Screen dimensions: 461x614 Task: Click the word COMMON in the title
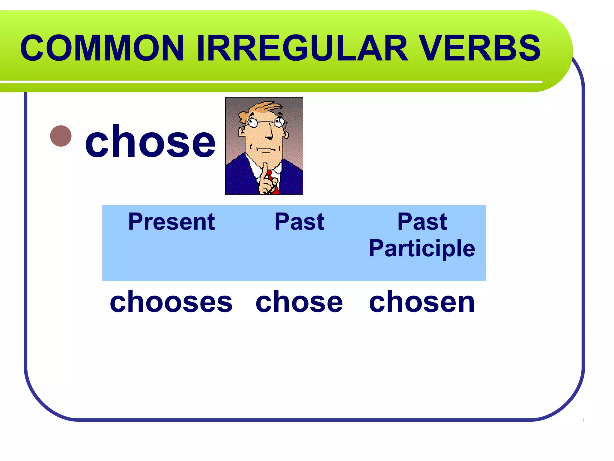pyautogui.click(x=102, y=48)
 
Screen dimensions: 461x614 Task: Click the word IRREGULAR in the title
pyautogui.click(x=302, y=48)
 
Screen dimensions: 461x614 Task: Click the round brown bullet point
pyautogui.click(x=61, y=136)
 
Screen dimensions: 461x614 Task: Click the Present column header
pyautogui.click(x=171, y=222)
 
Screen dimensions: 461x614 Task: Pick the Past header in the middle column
pyautogui.click(x=299, y=222)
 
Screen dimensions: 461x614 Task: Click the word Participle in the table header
pyautogui.click(x=422, y=249)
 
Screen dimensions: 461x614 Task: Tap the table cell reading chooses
pyautogui.click(x=171, y=302)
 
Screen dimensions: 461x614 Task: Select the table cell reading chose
pyautogui.click(x=299, y=302)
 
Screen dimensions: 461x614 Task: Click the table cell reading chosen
pyautogui.click(x=422, y=302)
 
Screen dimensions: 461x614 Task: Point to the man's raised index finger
pyautogui.click(x=265, y=171)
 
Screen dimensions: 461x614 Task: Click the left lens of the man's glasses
pyautogui.click(x=252, y=122)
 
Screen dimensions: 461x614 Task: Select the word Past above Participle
pyautogui.click(x=422, y=222)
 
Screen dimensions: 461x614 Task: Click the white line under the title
pyautogui.click(x=270, y=82)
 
